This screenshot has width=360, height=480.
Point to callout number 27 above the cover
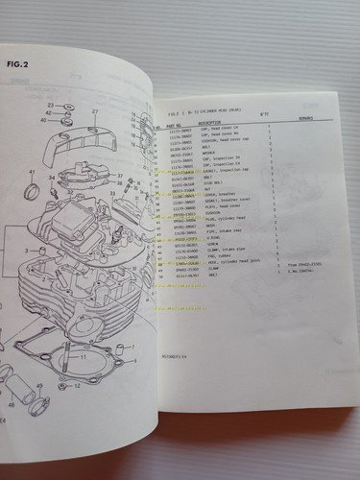[95, 112]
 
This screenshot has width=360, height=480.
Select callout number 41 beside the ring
[31, 173]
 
